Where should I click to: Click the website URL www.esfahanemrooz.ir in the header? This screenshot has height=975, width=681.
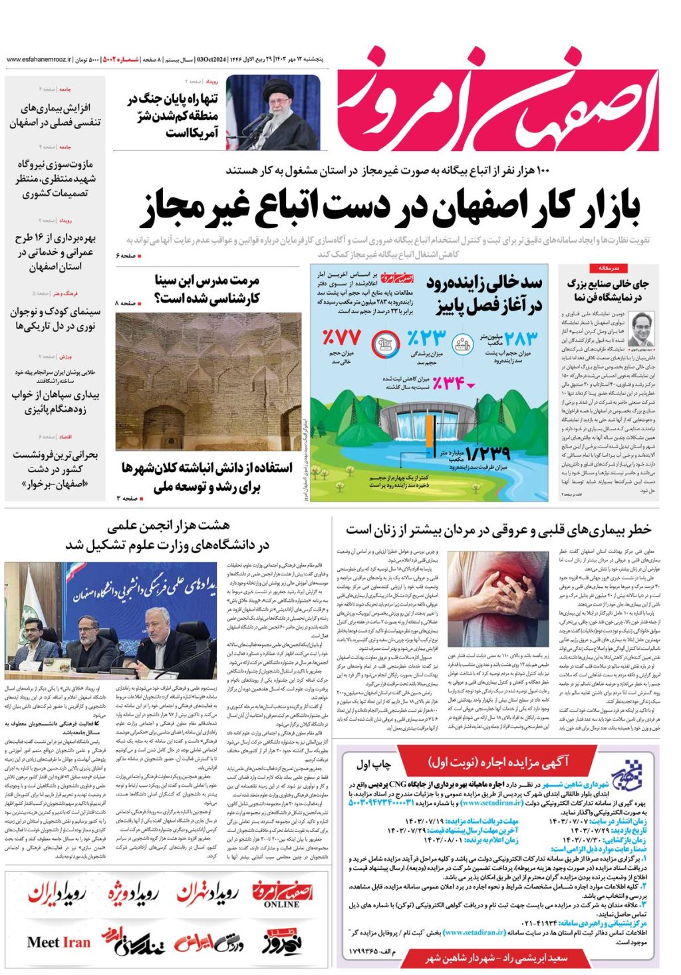[x=39, y=59]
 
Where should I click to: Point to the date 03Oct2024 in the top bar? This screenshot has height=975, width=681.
[x=211, y=59]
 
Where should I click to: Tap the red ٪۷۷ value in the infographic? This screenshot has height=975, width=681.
[x=341, y=336]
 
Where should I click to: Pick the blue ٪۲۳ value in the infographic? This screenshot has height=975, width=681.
[x=426, y=337]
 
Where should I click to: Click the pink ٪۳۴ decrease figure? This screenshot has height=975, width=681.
[x=448, y=383]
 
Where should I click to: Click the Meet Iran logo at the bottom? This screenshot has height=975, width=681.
[x=59, y=942]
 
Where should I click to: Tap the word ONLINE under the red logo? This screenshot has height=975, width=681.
[x=281, y=905]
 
